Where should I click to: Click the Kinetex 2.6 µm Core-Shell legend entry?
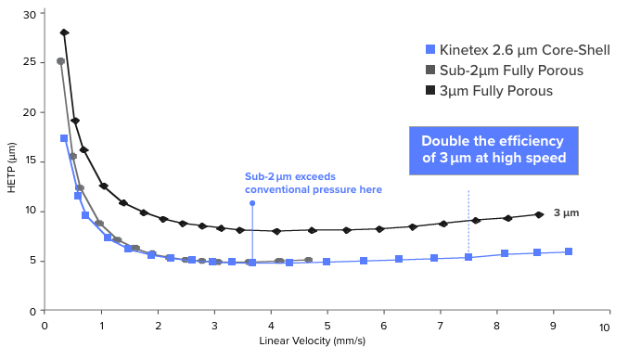pyautogui.click(x=518, y=50)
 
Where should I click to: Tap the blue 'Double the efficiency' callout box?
pyautogui.click(x=493, y=150)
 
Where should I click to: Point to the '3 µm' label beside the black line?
pyautogui.click(x=566, y=213)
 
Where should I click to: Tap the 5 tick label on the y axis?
pyautogui.click(x=32, y=260)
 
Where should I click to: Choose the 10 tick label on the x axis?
pyautogui.click(x=604, y=327)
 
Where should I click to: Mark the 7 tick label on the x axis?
pyautogui.click(x=440, y=327)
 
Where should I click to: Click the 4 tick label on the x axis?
pyautogui.click(x=271, y=327)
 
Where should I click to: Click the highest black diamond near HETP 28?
pyautogui.click(x=64, y=32)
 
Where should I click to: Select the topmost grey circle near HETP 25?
pyautogui.click(x=61, y=61)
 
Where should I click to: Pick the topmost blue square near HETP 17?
pyautogui.click(x=64, y=138)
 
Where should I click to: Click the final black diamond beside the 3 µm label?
pyautogui.click(x=539, y=214)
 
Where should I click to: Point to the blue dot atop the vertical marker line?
pyautogui.click(x=252, y=202)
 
